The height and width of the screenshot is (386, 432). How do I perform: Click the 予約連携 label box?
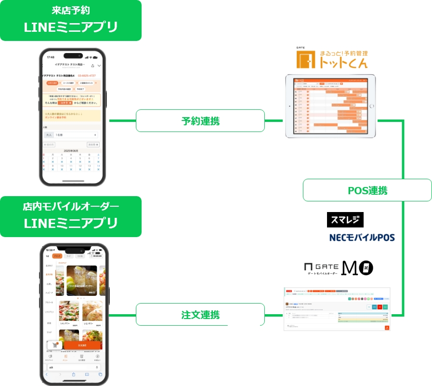(200, 120)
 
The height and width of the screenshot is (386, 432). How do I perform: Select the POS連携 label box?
(367, 190)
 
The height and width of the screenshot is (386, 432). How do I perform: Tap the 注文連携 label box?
(200, 315)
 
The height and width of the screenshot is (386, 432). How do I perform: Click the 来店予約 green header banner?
(71, 20)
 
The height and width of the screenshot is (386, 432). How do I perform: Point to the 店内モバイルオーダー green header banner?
(71, 216)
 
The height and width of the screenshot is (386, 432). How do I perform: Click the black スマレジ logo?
(345, 220)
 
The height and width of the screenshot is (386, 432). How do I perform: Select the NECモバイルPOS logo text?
(362, 237)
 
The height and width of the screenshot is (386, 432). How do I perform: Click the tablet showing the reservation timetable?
(330, 106)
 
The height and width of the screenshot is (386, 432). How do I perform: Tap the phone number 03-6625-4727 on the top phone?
(87, 76)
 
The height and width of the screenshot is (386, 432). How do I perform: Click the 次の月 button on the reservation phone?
(93, 144)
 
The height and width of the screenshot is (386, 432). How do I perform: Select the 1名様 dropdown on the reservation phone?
(76, 135)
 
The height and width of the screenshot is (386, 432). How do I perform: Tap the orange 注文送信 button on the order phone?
(82, 346)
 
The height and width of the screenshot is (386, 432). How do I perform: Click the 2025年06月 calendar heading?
(71, 150)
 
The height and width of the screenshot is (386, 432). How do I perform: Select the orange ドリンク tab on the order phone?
(57, 256)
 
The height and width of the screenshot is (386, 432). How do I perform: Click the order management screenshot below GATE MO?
(338, 308)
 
